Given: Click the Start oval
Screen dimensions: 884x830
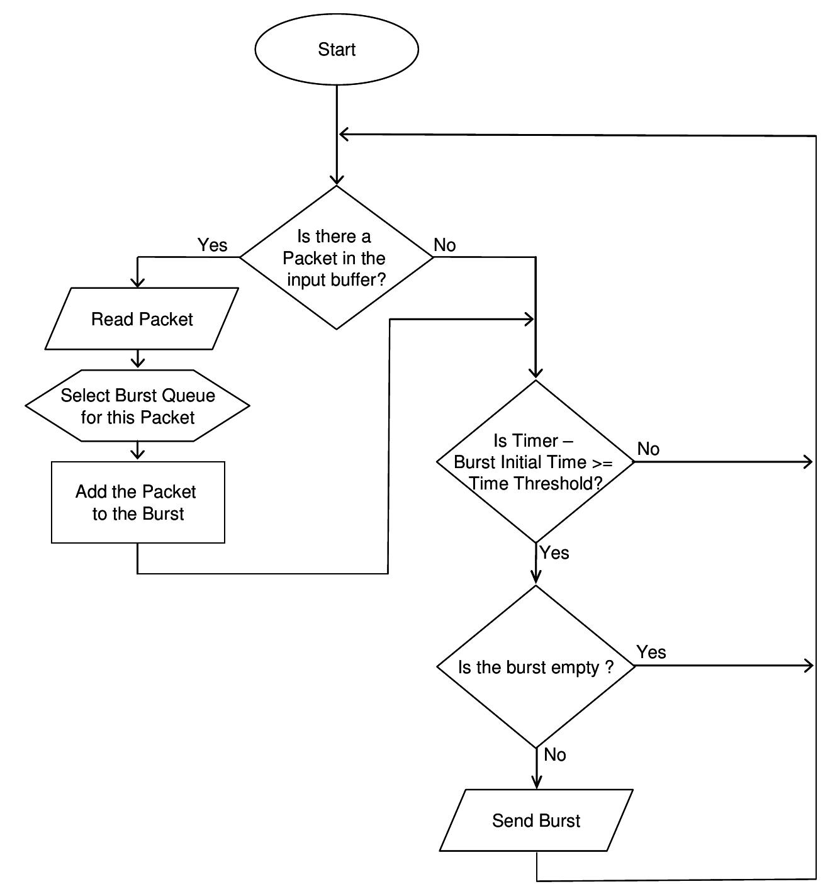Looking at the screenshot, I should tap(337, 49).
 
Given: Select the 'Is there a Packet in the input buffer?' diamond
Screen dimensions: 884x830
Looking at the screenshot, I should tap(336, 257).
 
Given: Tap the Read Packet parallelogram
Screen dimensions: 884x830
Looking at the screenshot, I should tap(142, 319).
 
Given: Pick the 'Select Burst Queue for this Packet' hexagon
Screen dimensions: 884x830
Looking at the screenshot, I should tap(138, 406).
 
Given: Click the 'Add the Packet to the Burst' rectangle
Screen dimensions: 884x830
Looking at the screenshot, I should tap(138, 502).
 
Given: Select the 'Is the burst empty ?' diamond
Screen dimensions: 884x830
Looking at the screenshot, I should tap(536, 667).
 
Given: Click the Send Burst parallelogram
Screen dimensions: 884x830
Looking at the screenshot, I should tap(536, 820).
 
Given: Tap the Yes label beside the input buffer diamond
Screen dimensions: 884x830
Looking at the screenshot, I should tap(212, 245).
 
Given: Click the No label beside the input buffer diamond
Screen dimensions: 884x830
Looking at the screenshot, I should tap(445, 245).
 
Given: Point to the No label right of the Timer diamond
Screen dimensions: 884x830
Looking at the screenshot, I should tap(648, 449).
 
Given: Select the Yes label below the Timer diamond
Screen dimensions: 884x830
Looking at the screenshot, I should tap(554, 552).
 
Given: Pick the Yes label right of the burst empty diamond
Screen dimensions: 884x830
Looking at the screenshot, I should tap(651, 652).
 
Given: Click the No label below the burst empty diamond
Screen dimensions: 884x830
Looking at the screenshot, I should tap(554, 754).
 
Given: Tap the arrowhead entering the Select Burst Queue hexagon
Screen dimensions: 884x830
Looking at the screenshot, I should tap(138, 363).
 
